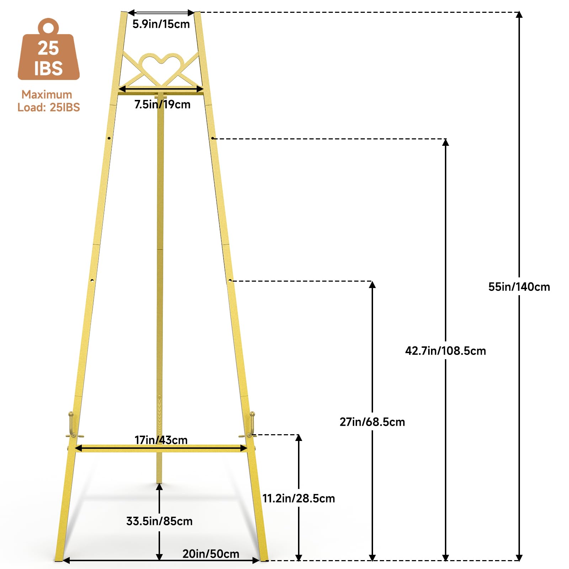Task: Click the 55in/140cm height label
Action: tap(519, 287)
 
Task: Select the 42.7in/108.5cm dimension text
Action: tap(445, 351)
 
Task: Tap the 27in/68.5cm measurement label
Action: tap(372, 422)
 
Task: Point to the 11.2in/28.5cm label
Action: tap(298, 498)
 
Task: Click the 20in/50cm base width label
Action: tap(211, 554)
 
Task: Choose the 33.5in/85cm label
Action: tap(159, 521)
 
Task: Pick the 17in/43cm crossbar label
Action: tap(161, 440)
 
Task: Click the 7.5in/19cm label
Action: tap(162, 104)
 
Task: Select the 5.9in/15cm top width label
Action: tap(161, 24)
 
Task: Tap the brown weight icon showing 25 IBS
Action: tap(49, 50)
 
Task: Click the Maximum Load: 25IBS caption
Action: tap(48, 101)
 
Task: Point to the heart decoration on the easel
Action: tap(161, 68)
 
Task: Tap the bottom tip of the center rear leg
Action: tap(159, 482)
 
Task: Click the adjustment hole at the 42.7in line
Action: tap(212, 138)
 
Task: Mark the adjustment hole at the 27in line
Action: tap(230, 281)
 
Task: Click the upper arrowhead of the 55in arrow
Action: tap(519, 14)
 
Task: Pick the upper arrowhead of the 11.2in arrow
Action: tap(299, 438)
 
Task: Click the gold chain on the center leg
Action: tap(159, 414)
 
